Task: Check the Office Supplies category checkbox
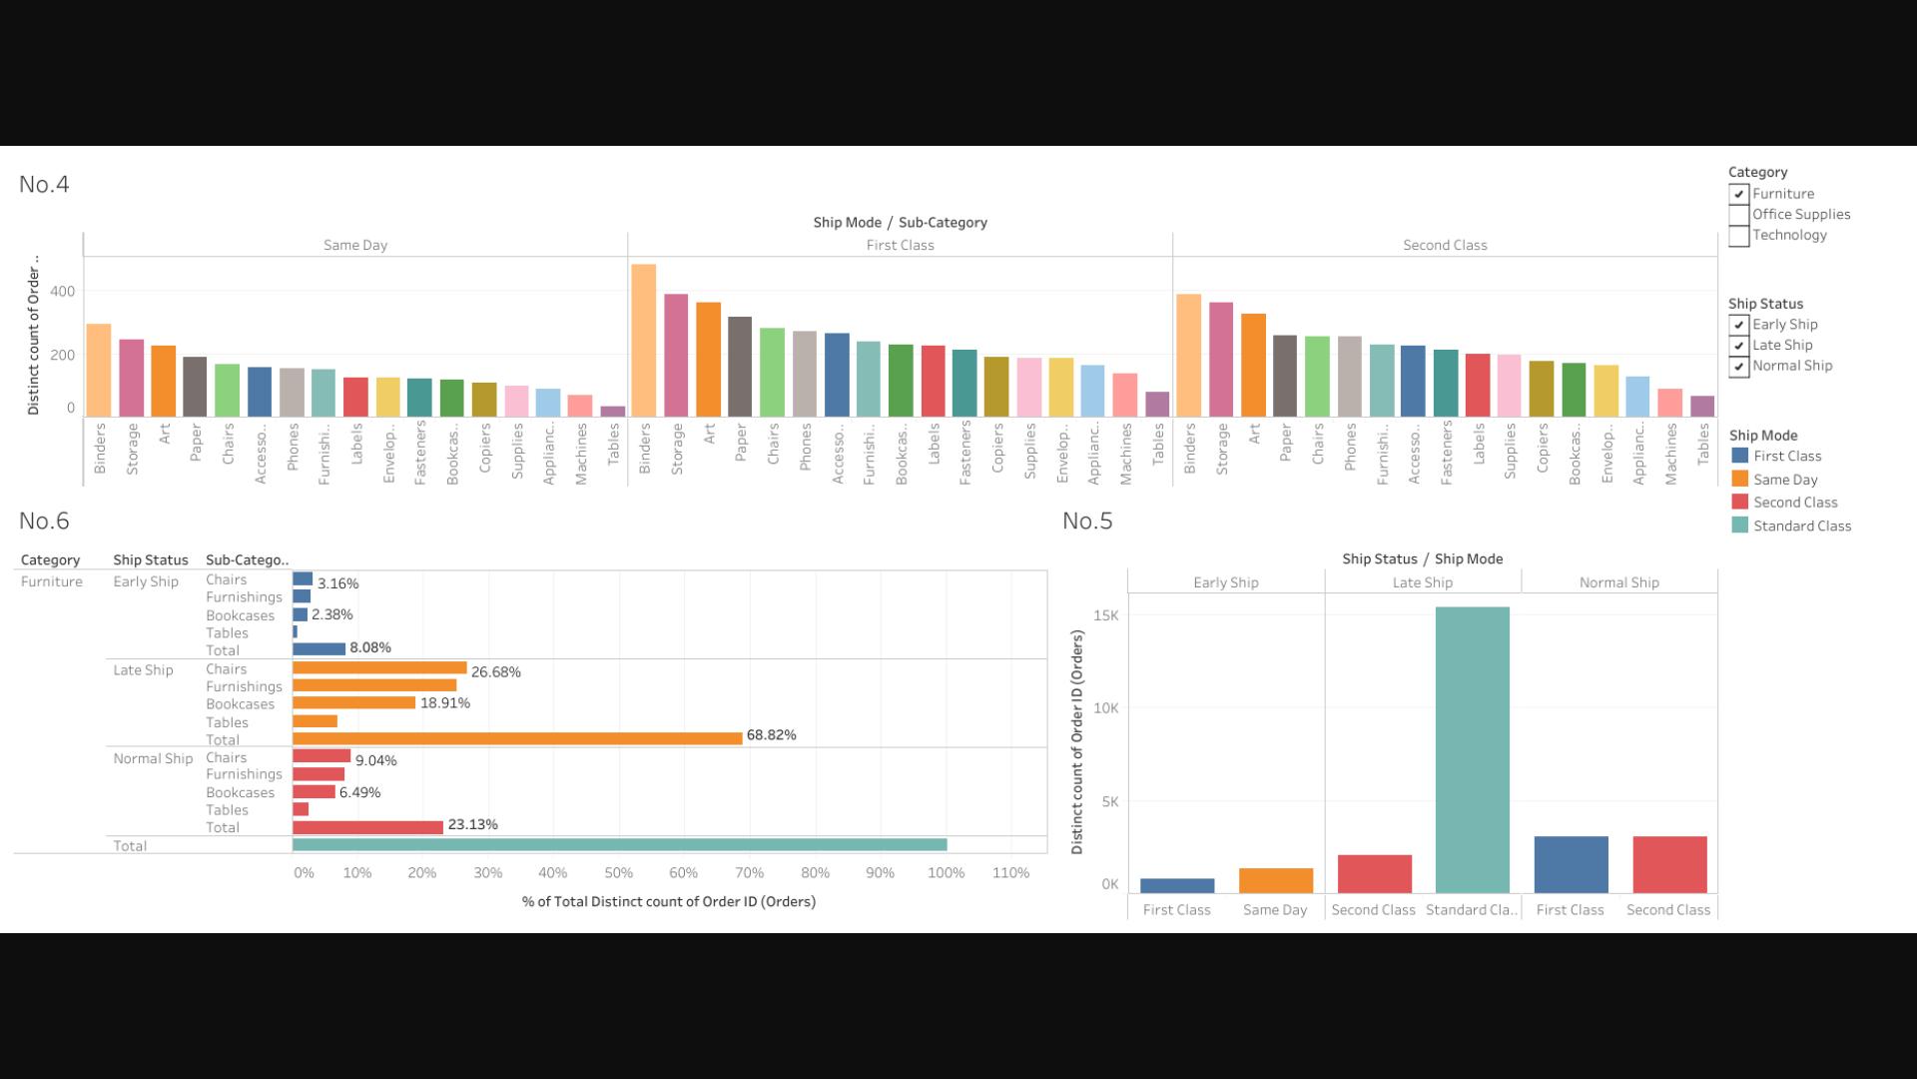point(1739,215)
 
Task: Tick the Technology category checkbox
point(1739,236)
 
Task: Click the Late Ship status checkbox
point(1739,346)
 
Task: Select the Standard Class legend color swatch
point(1740,526)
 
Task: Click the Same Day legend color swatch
point(1740,479)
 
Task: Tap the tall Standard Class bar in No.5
point(1473,749)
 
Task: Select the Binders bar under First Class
point(644,340)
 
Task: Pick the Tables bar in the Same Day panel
point(613,411)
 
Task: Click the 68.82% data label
point(771,735)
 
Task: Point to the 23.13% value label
point(472,825)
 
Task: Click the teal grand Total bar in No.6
point(619,845)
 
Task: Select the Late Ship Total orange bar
point(517,738)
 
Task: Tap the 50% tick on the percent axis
point(618,873)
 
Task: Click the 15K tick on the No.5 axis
point(1106,615)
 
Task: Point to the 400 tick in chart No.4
point(62,292)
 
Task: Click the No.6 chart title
point(44,522)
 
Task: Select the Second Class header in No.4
point(1445,246)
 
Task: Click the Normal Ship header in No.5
point(1618,582)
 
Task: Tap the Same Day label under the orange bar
point(1275,910)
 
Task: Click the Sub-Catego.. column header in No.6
point(247,560)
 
